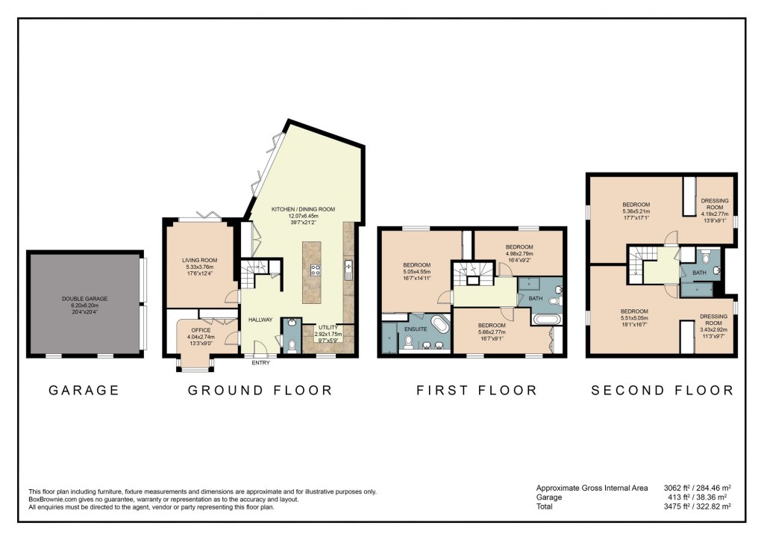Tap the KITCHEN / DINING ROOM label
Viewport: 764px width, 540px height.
coord(303,210)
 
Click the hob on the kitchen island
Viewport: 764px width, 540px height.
coord(315,270)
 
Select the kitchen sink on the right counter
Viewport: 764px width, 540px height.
coord(348,268)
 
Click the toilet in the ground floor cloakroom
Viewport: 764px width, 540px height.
coord(292,344)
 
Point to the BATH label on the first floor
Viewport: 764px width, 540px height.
coord(535,299)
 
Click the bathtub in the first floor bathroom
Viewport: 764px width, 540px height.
coord(548,319)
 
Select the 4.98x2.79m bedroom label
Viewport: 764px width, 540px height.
coord(519,246)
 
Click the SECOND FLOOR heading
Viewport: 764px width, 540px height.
coord(662,390)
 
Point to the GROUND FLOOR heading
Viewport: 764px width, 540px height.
coord(260,390)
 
